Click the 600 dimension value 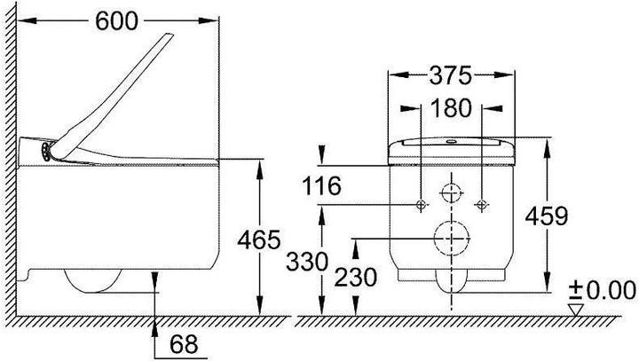(x=116, y=21)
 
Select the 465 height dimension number (x=259, y=239)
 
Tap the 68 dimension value (x=184, y=344)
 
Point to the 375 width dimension (x=450, y=75)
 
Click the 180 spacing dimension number (x=451, y=108)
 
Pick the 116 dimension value (x=321, y=185)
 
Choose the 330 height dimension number (x=307, y=262)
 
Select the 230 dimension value (x=356, y=278)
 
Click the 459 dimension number (x=547, y=216)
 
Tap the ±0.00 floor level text (x=603, y=291)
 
